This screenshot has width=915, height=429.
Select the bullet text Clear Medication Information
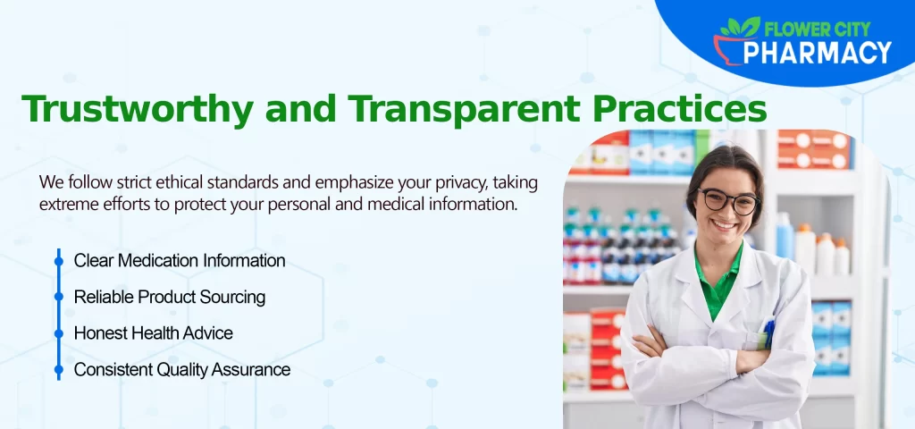click(180, 261)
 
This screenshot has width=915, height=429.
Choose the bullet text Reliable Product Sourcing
click(170, 297)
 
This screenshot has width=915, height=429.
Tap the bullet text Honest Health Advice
click(153, 332)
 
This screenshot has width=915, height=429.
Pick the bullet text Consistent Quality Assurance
click(182, 369)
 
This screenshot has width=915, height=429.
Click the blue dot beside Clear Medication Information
click(59, 261)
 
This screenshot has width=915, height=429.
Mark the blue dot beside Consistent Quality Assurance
click(59, 369)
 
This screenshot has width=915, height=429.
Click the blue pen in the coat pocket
click(769, 332)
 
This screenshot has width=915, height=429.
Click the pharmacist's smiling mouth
click(726, 227)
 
